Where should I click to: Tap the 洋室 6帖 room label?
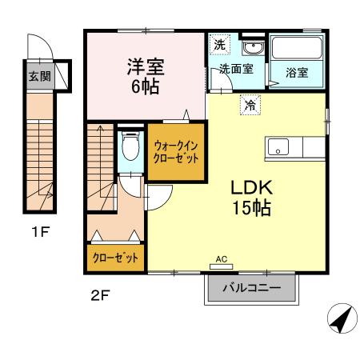[x=146, y=76]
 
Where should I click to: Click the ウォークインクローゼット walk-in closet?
[x=174, y=150]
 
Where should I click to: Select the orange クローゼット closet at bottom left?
[x=115, y=258]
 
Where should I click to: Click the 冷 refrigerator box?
[x=250, y=103]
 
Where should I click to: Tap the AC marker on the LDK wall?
[x=222, y=260]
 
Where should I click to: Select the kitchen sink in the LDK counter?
[x=278, y=147]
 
